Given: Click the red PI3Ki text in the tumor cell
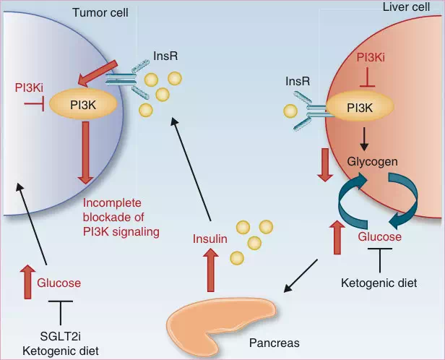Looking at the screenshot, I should pos(30,89).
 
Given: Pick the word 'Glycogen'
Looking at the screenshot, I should pos(373,161).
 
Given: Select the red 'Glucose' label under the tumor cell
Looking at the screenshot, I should pos(59,283).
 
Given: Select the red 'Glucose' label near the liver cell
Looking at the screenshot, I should pos(379,237).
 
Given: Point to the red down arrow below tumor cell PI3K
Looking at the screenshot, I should pos(86,151).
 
